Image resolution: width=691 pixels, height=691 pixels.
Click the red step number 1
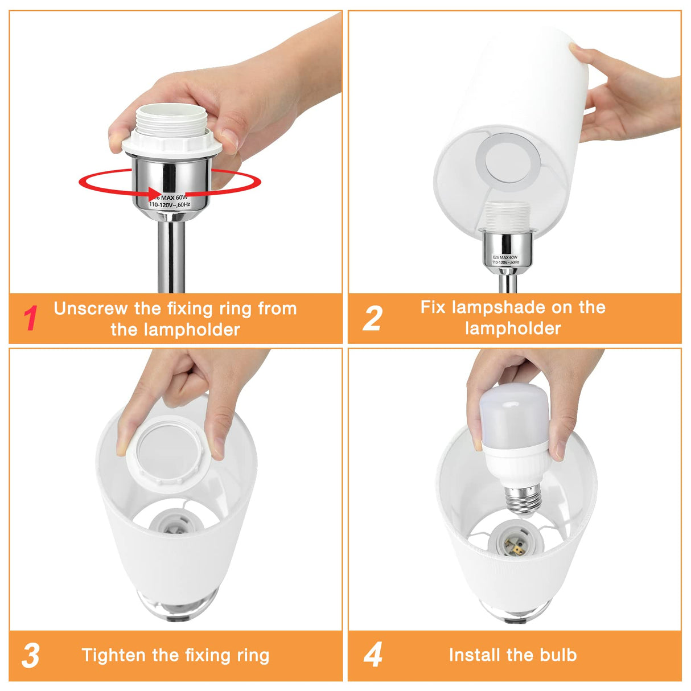[x=31, y=318]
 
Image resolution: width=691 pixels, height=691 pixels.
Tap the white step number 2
[x=372, y=318]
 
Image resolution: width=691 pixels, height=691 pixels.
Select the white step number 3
[x=31, y=656]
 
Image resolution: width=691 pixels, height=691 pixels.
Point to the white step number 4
[x=373, y=655]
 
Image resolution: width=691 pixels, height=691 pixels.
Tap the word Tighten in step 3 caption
[x=114, y=655]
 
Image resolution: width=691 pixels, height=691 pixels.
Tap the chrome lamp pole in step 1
[x=171, y=256]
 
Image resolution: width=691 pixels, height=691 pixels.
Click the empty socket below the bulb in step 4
[x=516, y=541]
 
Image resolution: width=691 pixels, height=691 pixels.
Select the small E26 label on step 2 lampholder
[x=505, y=260]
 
